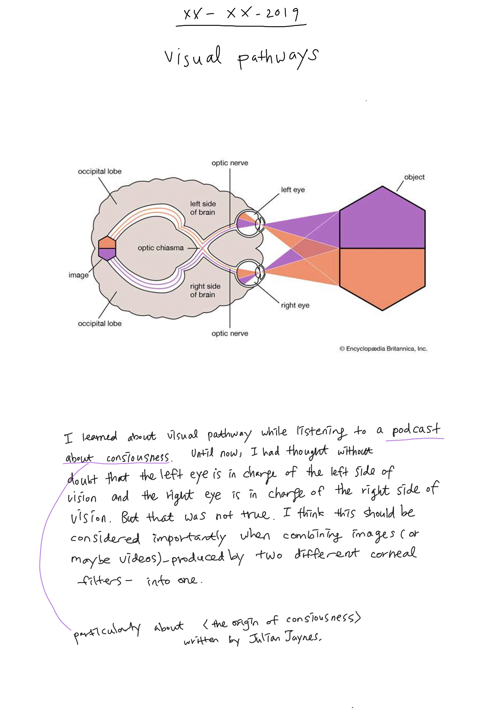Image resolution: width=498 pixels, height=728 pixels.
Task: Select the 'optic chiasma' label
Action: [x=161, y=248]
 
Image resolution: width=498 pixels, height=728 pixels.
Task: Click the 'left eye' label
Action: [x=293, y=190]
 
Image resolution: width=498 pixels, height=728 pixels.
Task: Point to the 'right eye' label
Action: [x=295, y=306]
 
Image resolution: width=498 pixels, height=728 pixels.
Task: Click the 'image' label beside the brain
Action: [x=78, y=275]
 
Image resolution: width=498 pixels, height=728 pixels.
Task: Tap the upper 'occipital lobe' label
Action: [x=100, y=171]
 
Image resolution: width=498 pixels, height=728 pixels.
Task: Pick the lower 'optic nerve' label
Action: [x=230, y=334]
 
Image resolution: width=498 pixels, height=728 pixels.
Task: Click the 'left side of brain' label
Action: [x=203, y=208]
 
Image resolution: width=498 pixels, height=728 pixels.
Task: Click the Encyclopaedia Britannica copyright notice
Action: [x=383, y=349]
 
